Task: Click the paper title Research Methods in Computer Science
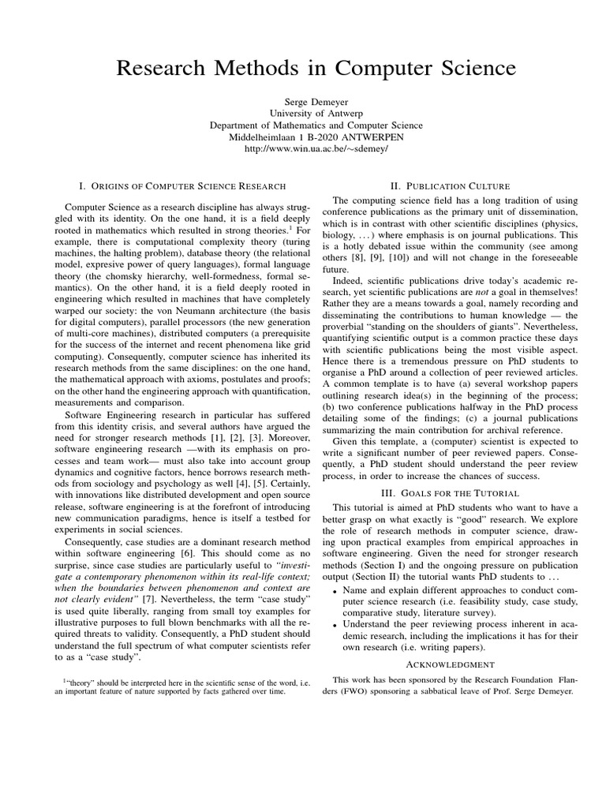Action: pos(316,69)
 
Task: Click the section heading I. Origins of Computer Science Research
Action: pos(183,186)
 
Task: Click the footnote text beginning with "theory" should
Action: pos(178,683)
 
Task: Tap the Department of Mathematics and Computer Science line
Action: pos(316,125)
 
